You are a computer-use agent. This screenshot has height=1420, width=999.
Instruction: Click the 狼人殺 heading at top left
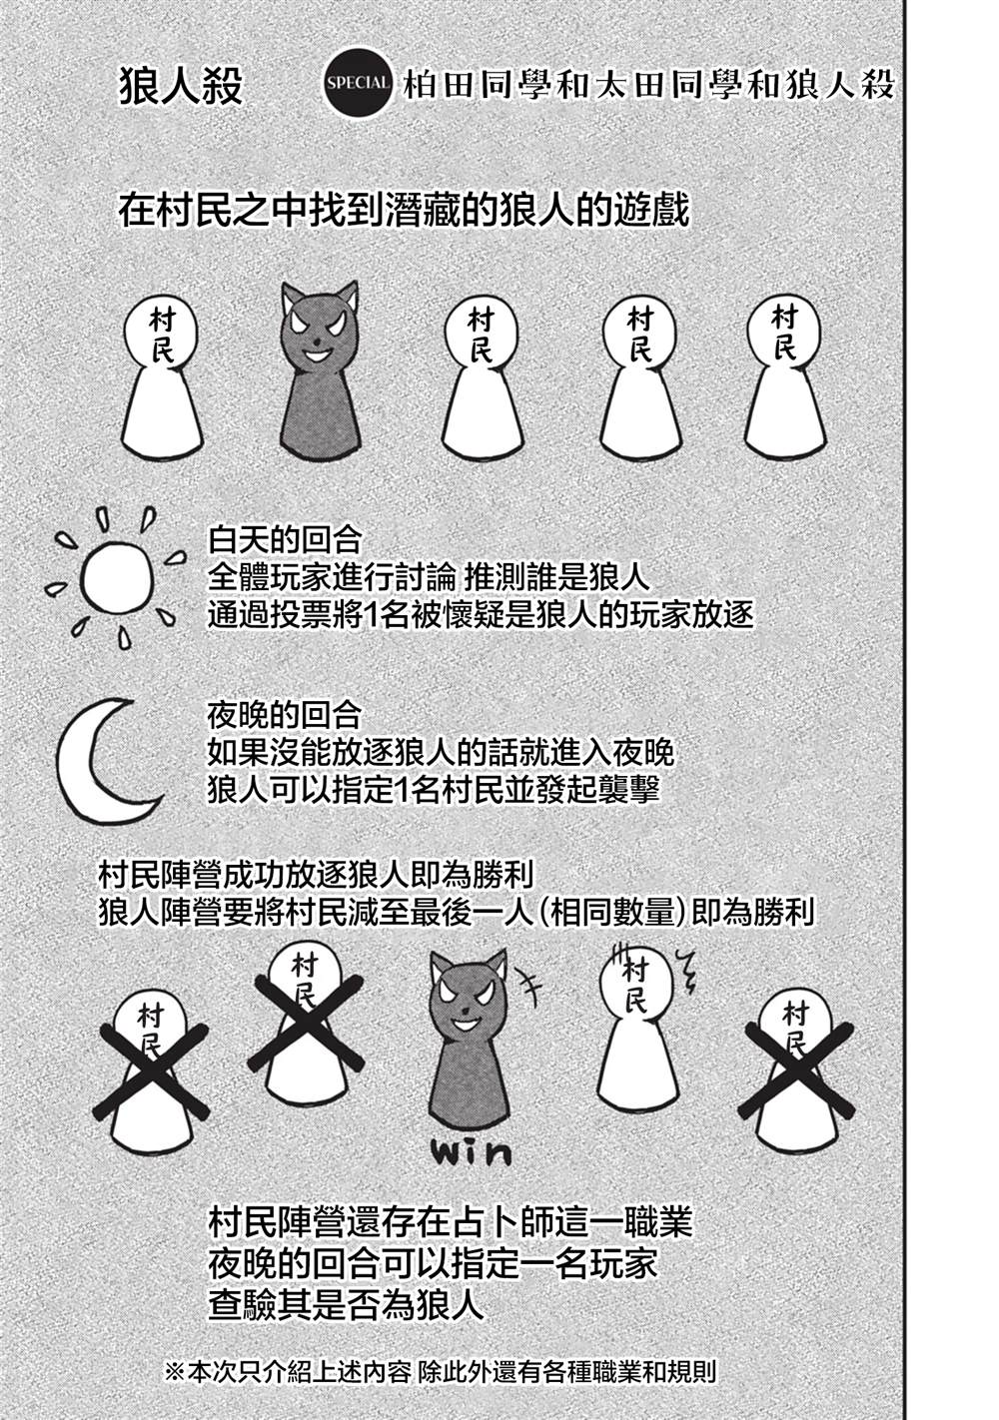click(x=180, y=86)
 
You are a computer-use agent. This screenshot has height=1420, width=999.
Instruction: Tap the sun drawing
click(x=117, y=577)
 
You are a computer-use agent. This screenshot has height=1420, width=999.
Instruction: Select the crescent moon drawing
click(x=104, y=758)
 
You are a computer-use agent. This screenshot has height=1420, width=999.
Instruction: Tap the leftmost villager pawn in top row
click(x=162, y=374)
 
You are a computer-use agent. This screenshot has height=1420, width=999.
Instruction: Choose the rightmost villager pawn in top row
click(x=785, y=374)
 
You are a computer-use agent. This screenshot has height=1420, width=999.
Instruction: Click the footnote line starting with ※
click(x=440, y=1372)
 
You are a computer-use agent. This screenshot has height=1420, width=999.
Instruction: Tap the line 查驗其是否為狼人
click(x=347, y=1305)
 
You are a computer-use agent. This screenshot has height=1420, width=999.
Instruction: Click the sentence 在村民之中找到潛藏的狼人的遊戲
click(x=404, y=212)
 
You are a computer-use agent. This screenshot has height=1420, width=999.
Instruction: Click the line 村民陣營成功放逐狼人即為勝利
click(x=317, y=875)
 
